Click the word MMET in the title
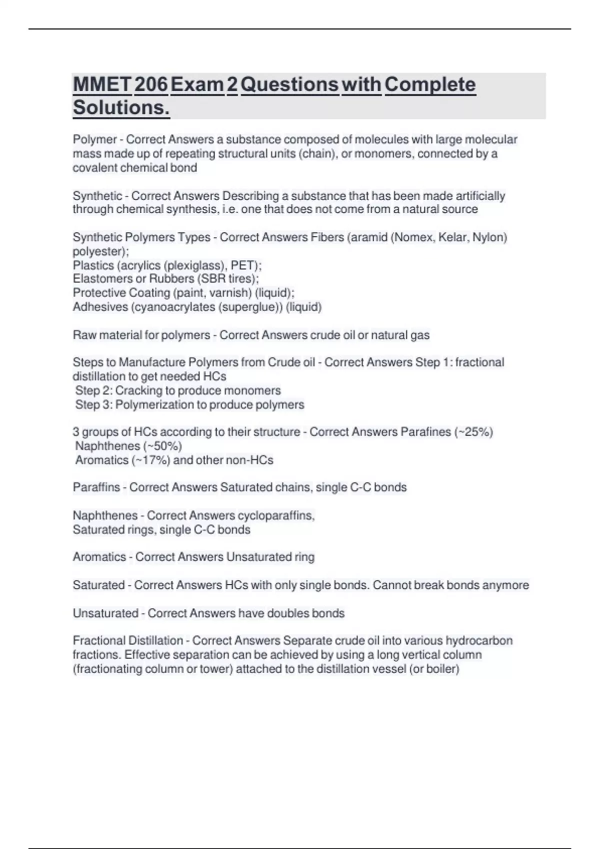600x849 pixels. (x=102, y=84)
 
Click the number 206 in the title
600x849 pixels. (x=151, y=84)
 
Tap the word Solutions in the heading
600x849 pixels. (x=121, y=107)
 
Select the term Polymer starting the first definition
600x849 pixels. (x=94, y=139)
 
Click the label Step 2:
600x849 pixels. (x=93, y=391)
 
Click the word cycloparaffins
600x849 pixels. (x=275, y=515)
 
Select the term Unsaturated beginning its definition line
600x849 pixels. (x=105, y=613)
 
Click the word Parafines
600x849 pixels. (x=425, y=432)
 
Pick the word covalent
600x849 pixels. (x=95, y=168)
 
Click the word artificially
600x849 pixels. (x=480, y=196)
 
